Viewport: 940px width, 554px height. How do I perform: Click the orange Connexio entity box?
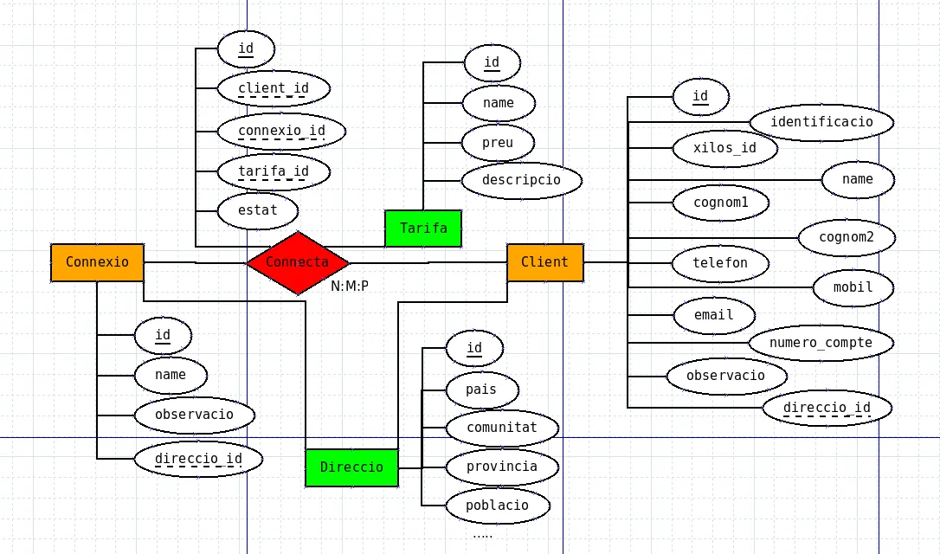(97, 262)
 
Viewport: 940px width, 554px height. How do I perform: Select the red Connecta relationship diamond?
(298, 262)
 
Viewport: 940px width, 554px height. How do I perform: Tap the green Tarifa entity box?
(423, 229)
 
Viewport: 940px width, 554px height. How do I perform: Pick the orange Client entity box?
(545, 262)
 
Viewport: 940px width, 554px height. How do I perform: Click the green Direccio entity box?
(351, 467)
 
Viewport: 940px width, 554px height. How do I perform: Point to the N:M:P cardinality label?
(350, 285)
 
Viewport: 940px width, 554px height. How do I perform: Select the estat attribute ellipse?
(258, 210)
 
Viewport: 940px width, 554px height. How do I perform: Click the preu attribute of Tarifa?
(498, 142)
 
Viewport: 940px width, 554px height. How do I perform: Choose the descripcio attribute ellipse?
(521, 180)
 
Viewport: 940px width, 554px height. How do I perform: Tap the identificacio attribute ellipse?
(821, 122)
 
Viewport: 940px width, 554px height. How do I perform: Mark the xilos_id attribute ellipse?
(724, 148)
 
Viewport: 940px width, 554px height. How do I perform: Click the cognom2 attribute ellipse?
(847, 237)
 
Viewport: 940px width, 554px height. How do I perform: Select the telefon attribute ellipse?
(720, 263)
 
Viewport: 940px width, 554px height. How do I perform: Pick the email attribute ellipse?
(713, 315)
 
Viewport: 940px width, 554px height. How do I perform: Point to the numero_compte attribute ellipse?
(821, 343)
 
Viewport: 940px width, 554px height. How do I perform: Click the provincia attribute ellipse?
(502, 467)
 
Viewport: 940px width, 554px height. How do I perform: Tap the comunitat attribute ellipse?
(502, 428)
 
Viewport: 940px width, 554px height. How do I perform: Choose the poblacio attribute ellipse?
(498, 506)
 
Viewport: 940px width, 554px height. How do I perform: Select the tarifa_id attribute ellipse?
(273, 171)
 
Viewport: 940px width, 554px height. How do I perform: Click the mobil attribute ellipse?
(853, 287)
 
